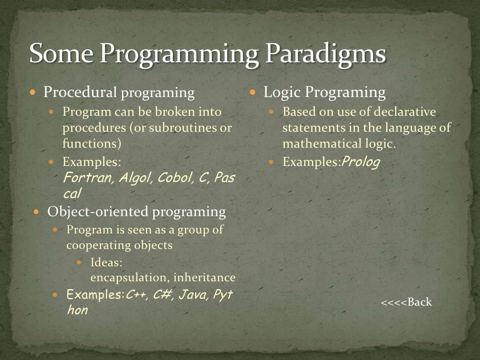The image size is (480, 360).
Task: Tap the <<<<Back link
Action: coord(406,302)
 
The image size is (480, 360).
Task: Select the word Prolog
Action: coord(360,162)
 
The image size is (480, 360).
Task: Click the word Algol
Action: coord(135,178)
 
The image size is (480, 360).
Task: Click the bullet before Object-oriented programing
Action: coord(37,212)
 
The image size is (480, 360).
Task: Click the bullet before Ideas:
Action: coord(79,262)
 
